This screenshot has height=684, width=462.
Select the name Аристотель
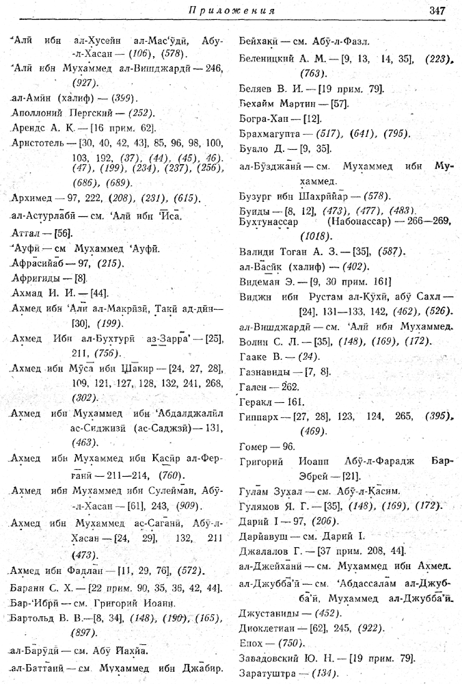pyautogui.click(x=36, y=140)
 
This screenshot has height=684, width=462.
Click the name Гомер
pyautogui.click(x=255, y=445)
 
